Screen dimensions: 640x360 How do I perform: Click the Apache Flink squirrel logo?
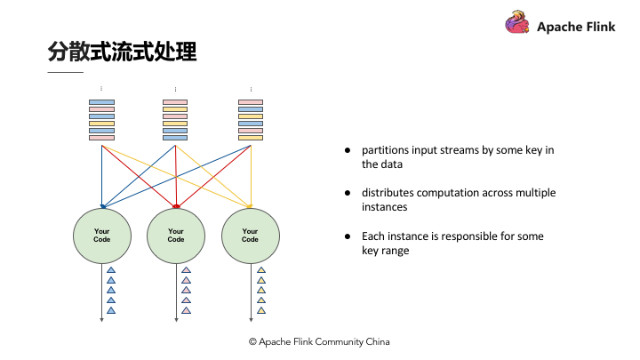pos(517,22)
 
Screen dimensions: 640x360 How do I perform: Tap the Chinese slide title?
pos(122,52)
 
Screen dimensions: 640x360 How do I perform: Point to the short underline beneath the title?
pos(65,72)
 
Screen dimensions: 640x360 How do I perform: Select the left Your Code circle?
pos(102,236)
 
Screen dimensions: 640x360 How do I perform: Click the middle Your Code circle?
pos(176,236)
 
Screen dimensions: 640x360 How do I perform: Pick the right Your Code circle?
pos(251,236)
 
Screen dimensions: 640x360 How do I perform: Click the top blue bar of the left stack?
pos(101,102)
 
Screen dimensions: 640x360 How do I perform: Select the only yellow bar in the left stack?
pos(101,124)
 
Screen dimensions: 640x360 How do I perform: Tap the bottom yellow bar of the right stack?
pos(251,138)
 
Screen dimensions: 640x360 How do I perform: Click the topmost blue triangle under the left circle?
pos(111,270)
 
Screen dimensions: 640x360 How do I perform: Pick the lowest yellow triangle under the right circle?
pos(261,310)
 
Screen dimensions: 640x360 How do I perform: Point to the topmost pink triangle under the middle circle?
pos(186,270)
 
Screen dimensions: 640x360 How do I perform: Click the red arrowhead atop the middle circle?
pos(176,206)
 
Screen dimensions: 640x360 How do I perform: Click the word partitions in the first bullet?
pos(385,150)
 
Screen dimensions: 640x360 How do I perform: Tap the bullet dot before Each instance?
pos(348,236)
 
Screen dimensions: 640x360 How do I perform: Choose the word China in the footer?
pos(378,341)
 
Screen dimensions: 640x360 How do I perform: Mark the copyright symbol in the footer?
pos(252,341)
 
